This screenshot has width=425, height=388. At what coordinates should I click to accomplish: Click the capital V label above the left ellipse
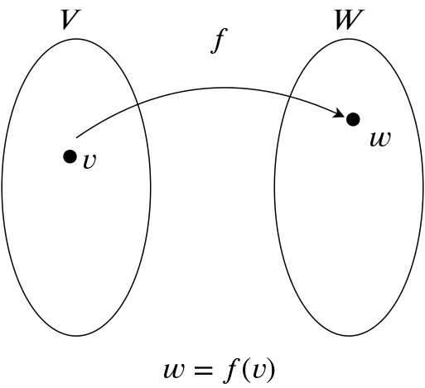click(70, 19)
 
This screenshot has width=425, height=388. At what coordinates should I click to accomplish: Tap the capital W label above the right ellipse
click(349, 19)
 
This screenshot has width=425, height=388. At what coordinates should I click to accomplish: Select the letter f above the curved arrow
click(219, 41)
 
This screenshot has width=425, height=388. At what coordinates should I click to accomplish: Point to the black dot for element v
click(70, 156)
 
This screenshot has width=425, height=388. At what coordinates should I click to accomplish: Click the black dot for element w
click(353, 119)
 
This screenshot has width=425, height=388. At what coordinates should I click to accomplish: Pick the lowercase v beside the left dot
click(89, 160)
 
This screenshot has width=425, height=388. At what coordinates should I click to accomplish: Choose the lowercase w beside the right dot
click(380, 139)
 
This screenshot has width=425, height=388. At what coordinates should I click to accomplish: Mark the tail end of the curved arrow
click(77, 137)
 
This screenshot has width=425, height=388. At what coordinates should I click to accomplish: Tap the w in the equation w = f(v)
click(174, 370)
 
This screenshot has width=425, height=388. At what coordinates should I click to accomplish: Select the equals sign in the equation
click(203, 371)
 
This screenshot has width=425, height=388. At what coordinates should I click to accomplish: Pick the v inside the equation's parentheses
click(258, 370)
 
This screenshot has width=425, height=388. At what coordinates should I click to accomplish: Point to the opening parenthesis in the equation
click(245, 370)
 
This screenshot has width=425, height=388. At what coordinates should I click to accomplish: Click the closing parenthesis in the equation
click(271, 370)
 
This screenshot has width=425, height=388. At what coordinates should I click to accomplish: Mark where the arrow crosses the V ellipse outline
click(138, 105)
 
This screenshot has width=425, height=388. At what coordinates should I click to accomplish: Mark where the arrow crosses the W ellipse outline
click(290, 97)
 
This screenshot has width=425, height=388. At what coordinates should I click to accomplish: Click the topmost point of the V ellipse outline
click(76, 39)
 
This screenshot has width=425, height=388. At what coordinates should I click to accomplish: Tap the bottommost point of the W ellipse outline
click(349, 336)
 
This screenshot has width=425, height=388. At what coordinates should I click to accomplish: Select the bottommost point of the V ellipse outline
click(76, 336)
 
